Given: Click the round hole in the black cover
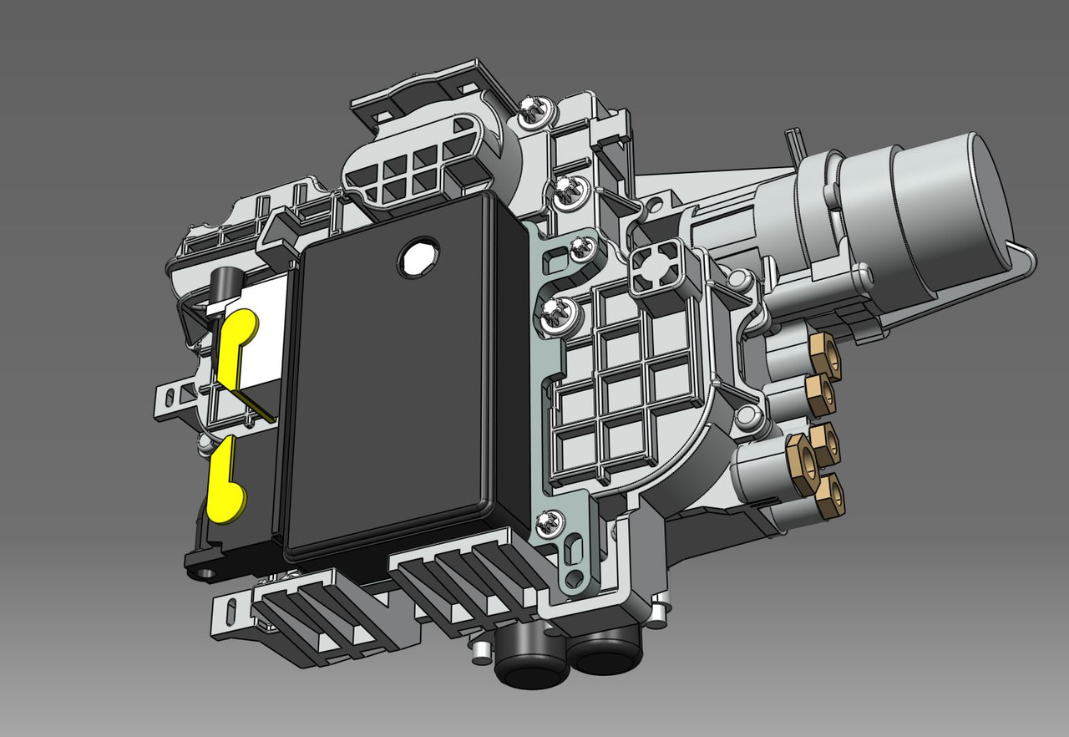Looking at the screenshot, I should click(x=418, y=257).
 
